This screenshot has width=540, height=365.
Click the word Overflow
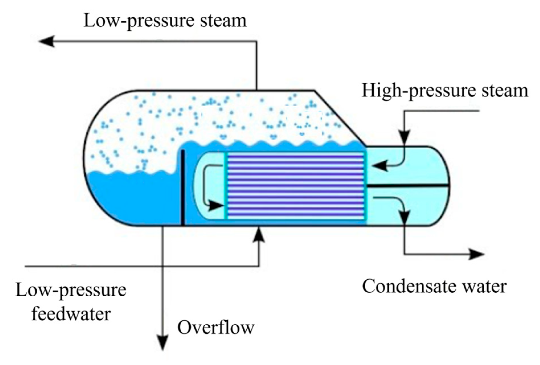(216, 327)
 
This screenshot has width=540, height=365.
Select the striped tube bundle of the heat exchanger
(295, 186)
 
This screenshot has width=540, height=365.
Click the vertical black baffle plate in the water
(183, 188)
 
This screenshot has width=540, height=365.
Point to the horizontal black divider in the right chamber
(407, 185)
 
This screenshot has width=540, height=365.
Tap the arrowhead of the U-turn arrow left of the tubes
(216, 206)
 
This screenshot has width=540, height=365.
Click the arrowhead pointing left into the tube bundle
(380, 166)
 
